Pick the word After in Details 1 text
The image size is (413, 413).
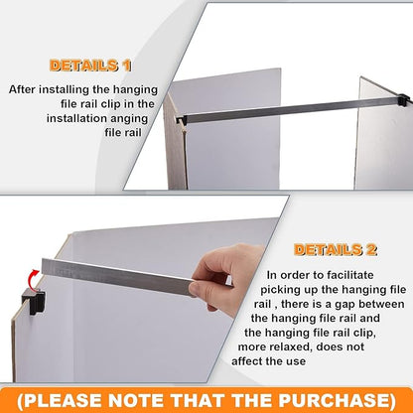[x=25, y=89]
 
